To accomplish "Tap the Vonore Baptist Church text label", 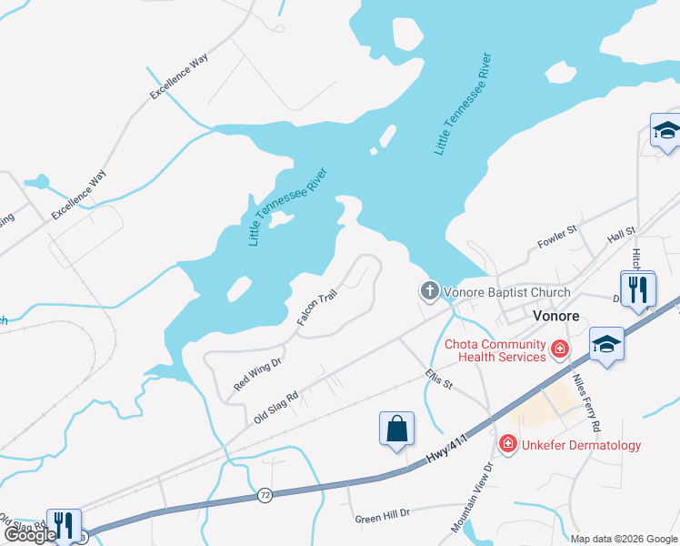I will [x=506, y=292].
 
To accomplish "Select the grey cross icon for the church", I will [x=428, y=291].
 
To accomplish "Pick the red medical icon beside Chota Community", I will [x=560, y=348].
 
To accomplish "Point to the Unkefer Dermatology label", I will [x=582, y=445].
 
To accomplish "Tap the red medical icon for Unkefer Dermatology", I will [x=507, y=444].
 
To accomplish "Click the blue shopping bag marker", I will [x=396, y=429].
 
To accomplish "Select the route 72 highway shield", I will [x=265, y=495].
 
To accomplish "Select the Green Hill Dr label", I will [x=383, y=515].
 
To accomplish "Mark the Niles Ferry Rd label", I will [x=585, y=400].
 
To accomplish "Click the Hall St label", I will [x=621, y=235].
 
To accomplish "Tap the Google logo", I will [x=30, y=535].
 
